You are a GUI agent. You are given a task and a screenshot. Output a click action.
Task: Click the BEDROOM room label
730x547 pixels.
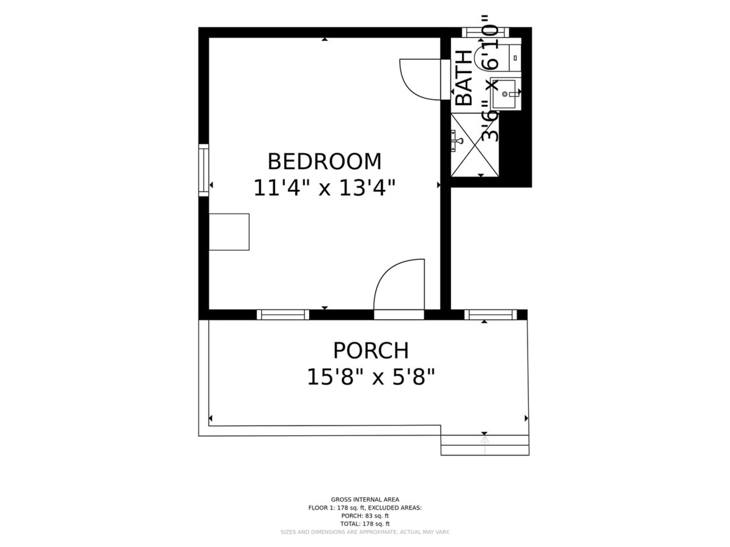click(324, 161)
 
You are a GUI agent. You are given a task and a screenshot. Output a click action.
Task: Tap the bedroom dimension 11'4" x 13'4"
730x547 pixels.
click(324, 188)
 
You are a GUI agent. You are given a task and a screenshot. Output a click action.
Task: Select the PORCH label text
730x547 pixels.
click(371, 350)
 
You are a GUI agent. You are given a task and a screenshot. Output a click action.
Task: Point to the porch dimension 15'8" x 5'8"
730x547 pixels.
click(371, 377)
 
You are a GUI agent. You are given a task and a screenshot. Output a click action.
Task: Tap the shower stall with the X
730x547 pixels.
click(475, 145)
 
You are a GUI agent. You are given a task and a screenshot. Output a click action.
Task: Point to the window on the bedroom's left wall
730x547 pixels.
click(204, 170)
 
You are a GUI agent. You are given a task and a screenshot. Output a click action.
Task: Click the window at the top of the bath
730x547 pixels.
click(485, 32)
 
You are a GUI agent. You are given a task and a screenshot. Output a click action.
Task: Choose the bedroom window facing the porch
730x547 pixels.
click(283, 315)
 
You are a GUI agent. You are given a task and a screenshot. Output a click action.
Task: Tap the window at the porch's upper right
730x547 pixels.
click(490, 315)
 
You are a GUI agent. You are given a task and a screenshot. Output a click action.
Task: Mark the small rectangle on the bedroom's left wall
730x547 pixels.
click(229, 232)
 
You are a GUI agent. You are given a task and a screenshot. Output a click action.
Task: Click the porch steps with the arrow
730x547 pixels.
click(485, 445)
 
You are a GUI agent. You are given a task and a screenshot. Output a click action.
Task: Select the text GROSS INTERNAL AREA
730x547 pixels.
click(365, 500)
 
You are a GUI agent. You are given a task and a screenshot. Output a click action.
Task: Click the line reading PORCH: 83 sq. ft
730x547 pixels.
click(365, 516)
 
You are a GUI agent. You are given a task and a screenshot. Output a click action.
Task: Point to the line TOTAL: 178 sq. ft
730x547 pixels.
click(365, 524)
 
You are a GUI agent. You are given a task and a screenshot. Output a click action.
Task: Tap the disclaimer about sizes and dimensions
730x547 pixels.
click(365, 532)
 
